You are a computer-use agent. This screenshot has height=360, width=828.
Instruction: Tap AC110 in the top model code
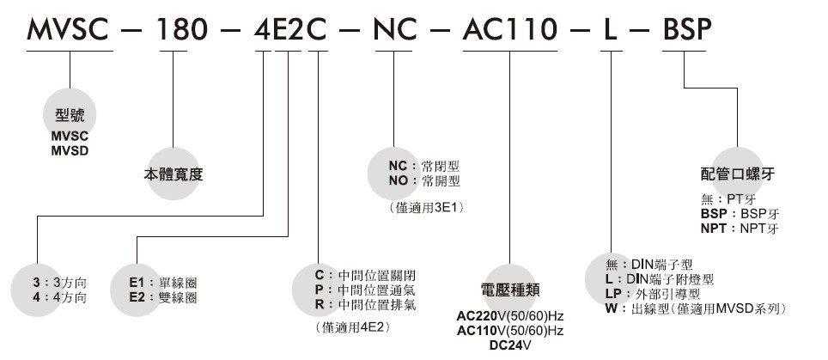509,32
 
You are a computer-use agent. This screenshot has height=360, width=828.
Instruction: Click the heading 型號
70,116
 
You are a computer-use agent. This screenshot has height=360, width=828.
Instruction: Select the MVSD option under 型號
70,150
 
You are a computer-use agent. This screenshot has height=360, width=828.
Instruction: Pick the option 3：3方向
59,282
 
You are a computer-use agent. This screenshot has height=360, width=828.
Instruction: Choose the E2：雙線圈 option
163,297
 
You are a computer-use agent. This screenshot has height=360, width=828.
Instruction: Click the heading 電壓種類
510,290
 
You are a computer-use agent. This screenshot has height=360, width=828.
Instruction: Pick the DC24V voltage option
510,345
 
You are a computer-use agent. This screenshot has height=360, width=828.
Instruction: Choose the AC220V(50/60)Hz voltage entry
510,314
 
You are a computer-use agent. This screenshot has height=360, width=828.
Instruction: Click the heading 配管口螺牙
738,174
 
